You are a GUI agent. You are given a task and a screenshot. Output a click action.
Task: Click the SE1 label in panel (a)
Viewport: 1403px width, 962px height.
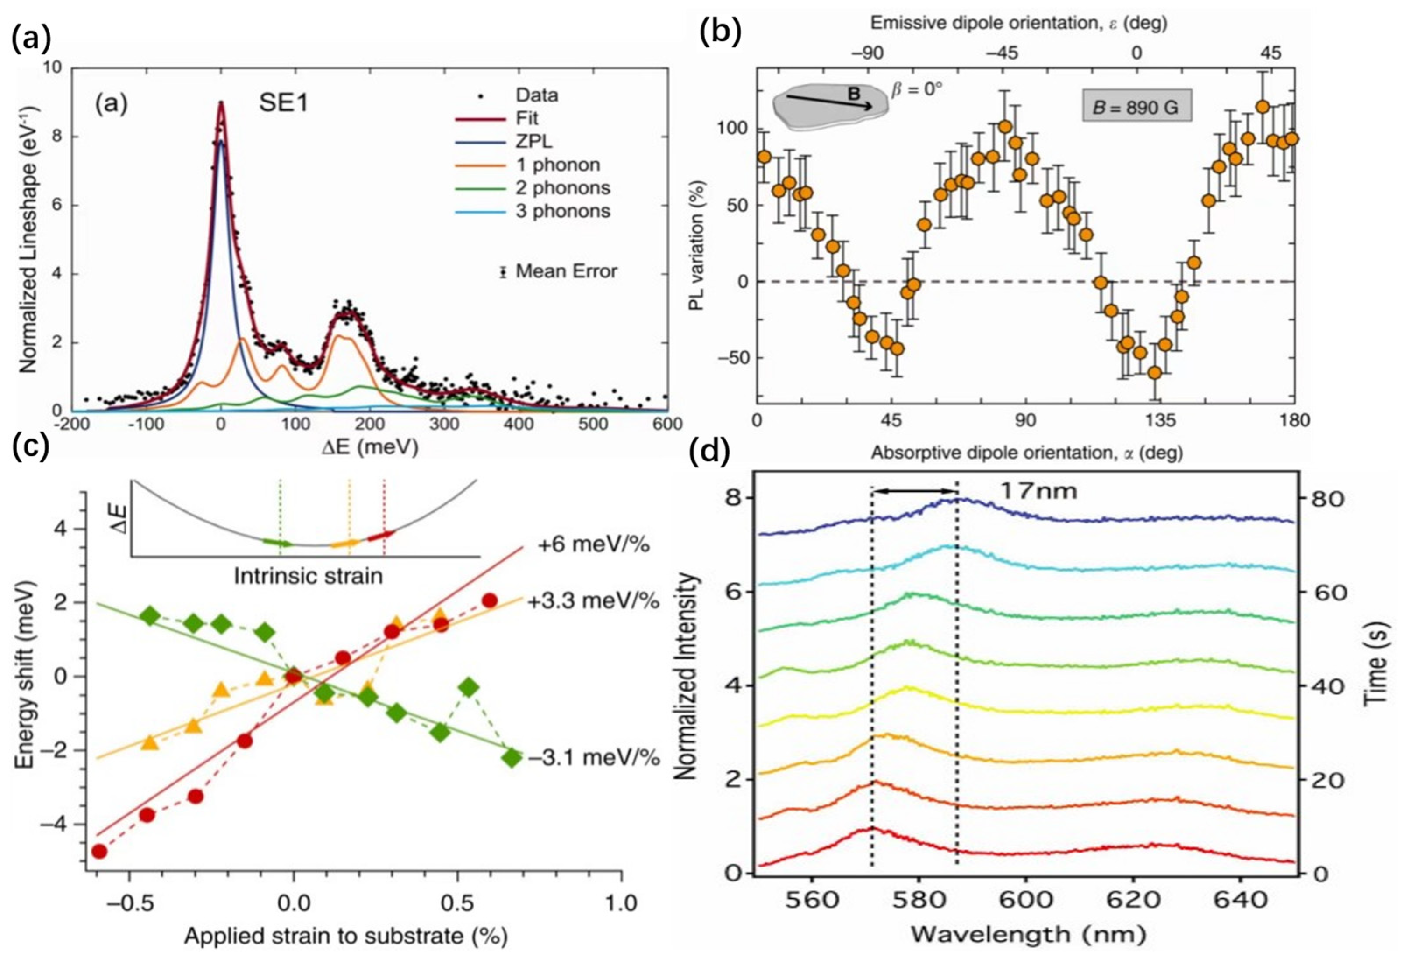[x=284, y=103]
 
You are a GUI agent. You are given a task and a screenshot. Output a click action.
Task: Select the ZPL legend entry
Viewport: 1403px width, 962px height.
[x=533, y=141]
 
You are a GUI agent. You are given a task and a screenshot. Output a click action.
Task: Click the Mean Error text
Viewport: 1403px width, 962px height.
[x=566, y=271]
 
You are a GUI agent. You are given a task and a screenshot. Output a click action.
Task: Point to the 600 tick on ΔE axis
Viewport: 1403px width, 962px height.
[x=666, y=424]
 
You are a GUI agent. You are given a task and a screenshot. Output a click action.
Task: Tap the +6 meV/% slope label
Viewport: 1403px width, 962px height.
[x=593, y=546]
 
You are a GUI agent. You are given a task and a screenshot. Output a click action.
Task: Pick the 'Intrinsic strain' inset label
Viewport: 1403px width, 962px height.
[x=308, y=576]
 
